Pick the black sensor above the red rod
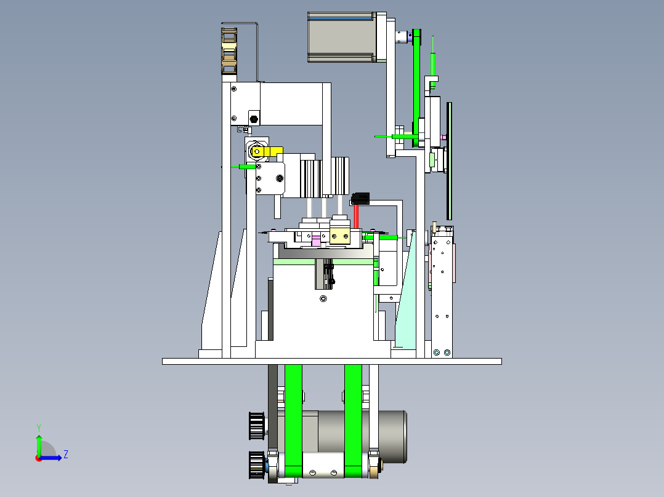pyautogui.click(x=360, y=199)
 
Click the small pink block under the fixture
pyautogui.click(x=317, y=241)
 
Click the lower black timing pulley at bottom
pyautogui.click(x=256, y=465)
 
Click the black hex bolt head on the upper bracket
pyautogui.click(x=253, y=118)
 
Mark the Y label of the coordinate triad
pyautogui.click(x=38, y=426)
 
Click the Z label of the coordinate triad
pyautogui.click(x=65, y=455)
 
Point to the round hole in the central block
pyautogui.click(x=323, y=300)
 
